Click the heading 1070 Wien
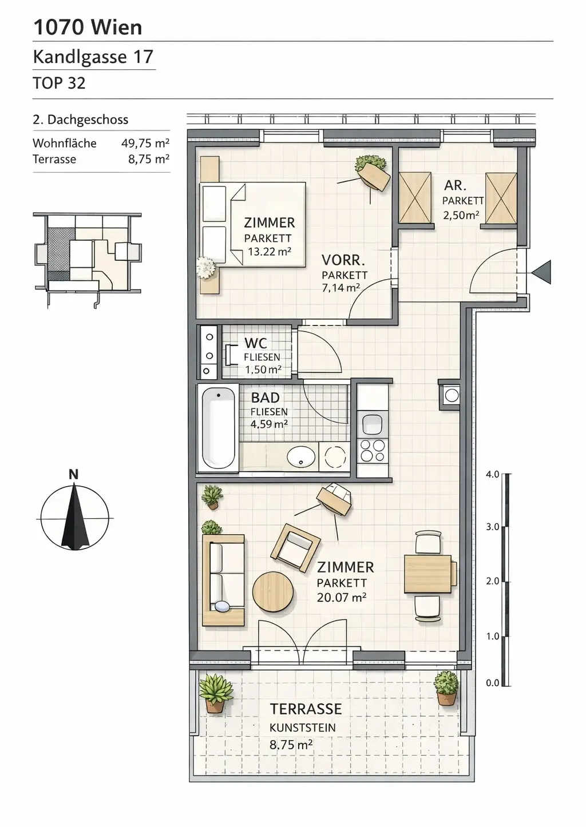88,27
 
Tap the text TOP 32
59,83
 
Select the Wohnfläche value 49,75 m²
145,143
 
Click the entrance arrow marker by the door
541,272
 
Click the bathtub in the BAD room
218,427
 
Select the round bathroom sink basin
301,457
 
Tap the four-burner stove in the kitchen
372,451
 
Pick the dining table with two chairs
428,574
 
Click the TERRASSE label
306,709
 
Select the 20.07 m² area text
341,598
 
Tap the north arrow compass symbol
75,516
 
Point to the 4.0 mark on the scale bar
492,474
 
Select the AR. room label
455,185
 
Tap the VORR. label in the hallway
343,260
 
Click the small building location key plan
87,252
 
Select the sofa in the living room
223,579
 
